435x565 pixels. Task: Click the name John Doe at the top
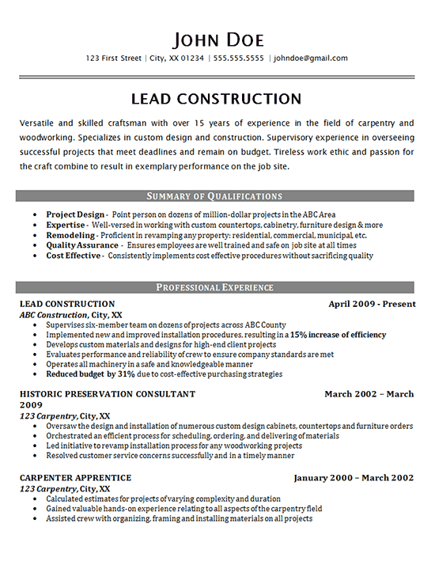pyautogui.click(x=217, y=39)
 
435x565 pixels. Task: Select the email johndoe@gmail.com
pyautogui.click(x=311, y=59)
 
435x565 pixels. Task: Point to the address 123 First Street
pyautogui.click(x=114, y=59)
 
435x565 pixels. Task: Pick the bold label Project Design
pyautogui.click(x=75, y=214)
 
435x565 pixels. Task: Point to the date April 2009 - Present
pyautogui.click(x=371, y=304)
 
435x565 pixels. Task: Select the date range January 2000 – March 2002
pyautogui.click(x=354, y=478)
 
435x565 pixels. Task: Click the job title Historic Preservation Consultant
pyautogui.click(x=107, y=394)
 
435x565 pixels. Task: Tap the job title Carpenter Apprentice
pyautogui.click(x=75, y=478)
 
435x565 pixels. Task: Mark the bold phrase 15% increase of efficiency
pyautogui.click(x=339, y=335)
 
